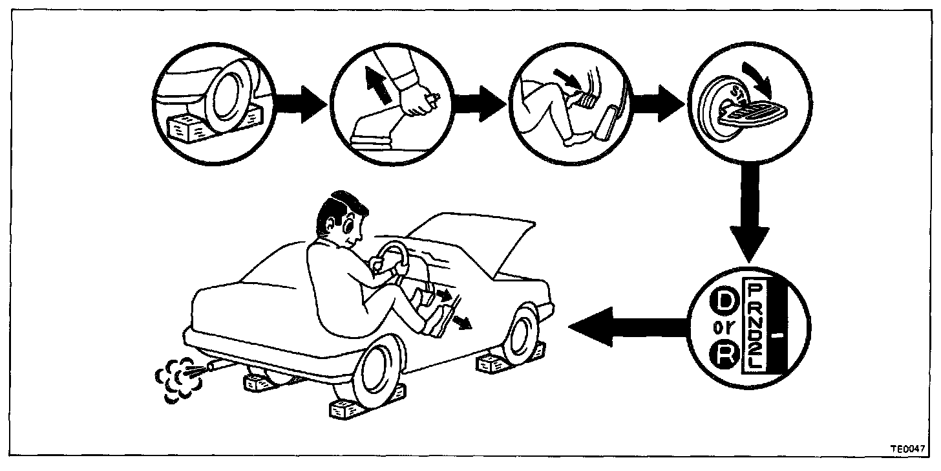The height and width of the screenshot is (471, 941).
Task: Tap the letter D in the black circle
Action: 721,303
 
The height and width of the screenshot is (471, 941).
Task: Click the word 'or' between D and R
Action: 721,329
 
